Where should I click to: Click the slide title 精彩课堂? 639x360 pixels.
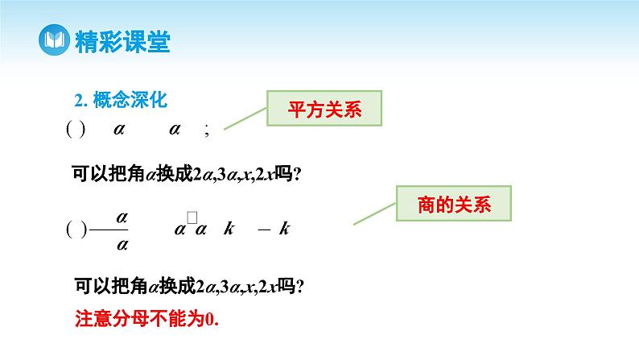(x=122, y=40)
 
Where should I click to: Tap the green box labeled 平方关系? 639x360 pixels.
(x=324, y=110)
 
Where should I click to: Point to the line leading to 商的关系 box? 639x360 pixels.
(x=374, y=212)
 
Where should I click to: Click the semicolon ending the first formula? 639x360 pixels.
(x=208, y=131)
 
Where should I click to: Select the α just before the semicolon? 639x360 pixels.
(x=175, y=129)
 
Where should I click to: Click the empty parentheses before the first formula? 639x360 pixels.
(x=74, y=130)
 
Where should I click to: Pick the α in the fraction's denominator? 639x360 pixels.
(x=122, y=242)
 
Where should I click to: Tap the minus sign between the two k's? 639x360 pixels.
(x=263, y=230)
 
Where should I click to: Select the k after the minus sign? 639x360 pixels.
(x=284, y=229)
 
